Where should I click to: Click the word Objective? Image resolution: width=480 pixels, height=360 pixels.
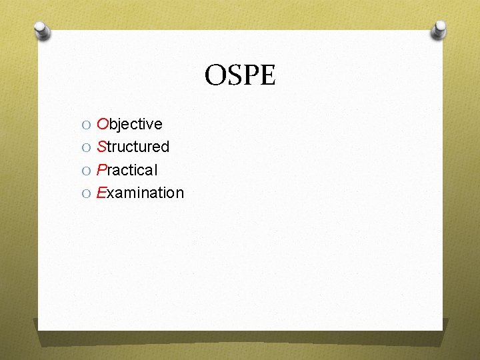[x=129, y=124]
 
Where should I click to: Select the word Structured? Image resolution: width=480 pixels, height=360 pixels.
[x=133, y=147]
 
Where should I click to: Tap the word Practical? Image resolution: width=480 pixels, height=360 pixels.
[x=127, y=170]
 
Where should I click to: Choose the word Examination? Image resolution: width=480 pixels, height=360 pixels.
[x=140, y=193]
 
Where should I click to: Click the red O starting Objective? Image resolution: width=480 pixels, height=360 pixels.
[x=103, y=124]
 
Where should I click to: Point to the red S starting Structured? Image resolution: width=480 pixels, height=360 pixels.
[x=101, y=147]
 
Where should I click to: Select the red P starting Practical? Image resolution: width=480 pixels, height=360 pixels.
[x=101, y=170]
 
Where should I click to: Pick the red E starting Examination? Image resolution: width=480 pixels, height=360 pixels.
[x=101, y=193]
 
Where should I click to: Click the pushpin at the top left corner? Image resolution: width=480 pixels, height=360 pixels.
[x=41, y=31]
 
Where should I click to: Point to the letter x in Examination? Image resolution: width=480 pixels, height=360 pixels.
[x=111, y=193]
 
